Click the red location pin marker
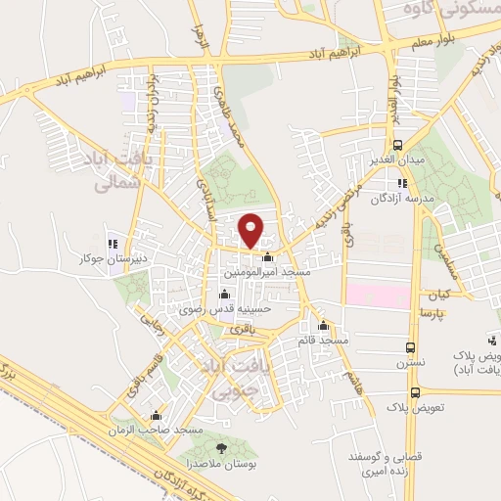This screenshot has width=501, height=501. tap(251, 230)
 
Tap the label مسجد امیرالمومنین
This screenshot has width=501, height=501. tap(267, 273)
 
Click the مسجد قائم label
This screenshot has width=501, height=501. tap(324, 340)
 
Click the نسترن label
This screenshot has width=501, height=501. tap(411, 363)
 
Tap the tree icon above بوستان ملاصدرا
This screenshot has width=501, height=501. tap(221, 448)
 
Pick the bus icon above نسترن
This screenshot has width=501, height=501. tap(411, 347)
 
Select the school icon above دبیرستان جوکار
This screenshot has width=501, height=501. tap(112, 244)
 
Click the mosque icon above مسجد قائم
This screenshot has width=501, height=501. tap(324, 326)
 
